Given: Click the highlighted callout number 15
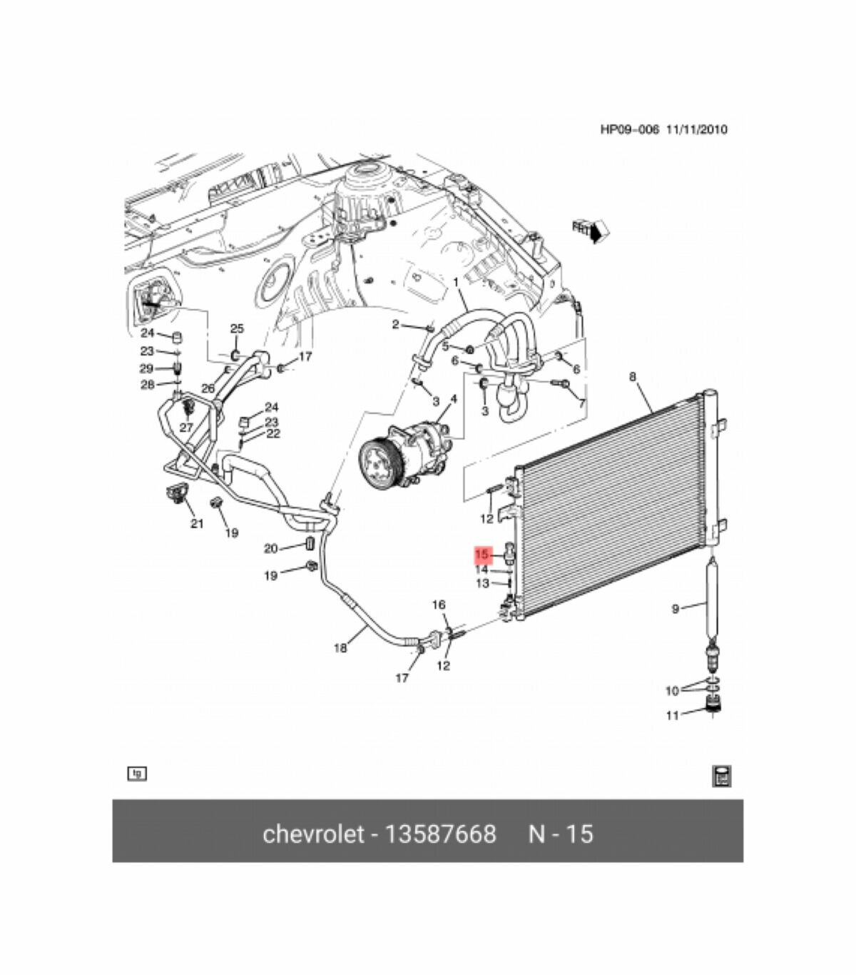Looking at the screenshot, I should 483,555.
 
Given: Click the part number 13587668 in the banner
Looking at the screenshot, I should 440,834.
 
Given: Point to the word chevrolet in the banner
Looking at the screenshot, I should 313,834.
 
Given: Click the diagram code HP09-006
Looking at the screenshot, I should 629,129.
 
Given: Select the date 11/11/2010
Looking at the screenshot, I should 697,129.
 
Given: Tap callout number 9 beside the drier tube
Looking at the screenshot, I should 676,609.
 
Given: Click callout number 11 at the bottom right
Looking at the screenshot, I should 672,714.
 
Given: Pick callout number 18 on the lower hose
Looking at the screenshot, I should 340,647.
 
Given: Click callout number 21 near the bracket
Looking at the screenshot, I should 197,523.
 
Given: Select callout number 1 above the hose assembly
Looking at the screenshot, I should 456,283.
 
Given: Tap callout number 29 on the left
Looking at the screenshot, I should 146,368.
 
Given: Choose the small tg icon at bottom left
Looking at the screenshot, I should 136,773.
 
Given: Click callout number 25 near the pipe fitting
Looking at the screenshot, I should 237,328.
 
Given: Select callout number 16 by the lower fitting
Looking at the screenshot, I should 439,605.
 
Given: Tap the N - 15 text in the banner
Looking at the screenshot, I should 561,834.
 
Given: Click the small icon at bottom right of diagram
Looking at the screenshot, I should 722,777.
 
